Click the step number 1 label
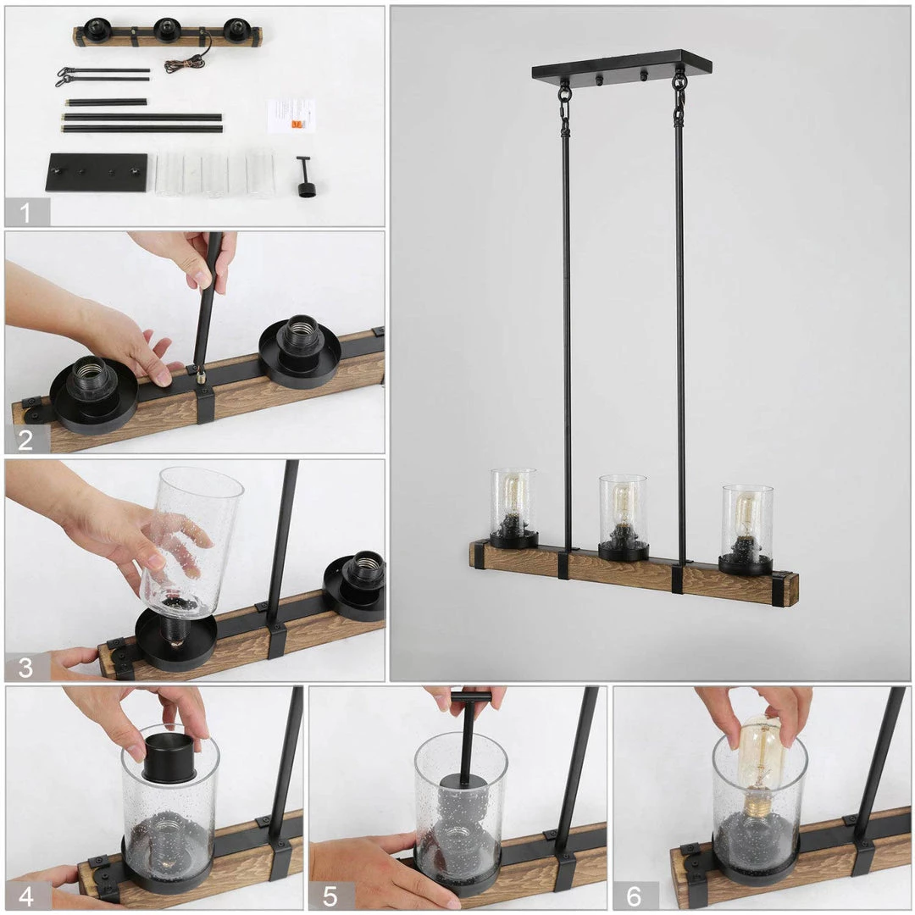click(25, 213)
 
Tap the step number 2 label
click(25, 440)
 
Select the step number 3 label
click(25, 668)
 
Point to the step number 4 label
click(26, 896)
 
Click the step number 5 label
click(330, 896)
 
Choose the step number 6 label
click(635, 896)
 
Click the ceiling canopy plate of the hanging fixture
click(622, 65)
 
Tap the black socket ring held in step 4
click(169, 757)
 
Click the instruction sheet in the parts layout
click(291, 115)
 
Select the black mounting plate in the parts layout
click(97, 171)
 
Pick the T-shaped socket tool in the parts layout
click(305, 177)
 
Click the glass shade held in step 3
click(191, 541)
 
